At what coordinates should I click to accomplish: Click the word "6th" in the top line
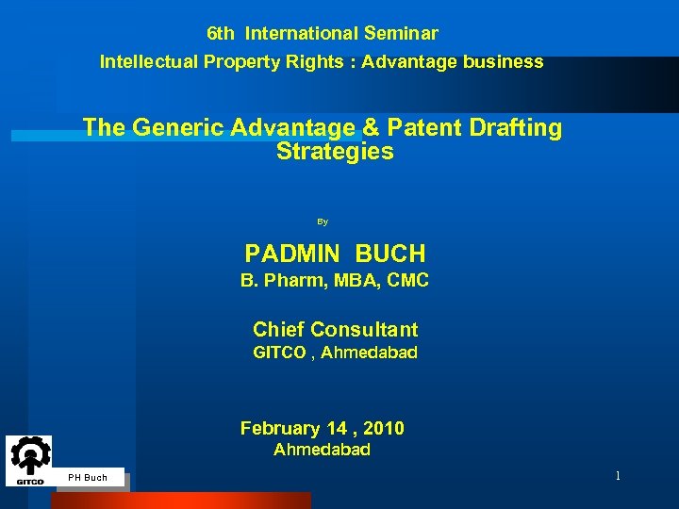pos(221,34)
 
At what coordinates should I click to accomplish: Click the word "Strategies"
pos(335,152)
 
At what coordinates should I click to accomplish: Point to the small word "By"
pos(323,222)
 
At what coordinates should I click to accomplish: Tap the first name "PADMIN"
pos(293,254)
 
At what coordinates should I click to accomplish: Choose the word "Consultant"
pos(363,330)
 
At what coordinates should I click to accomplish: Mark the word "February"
pos(278,429)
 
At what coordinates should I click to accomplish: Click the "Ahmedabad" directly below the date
pos(322,451)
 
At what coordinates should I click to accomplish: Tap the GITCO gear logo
pos(29,458)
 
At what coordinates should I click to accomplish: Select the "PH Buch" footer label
pos(88,478)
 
